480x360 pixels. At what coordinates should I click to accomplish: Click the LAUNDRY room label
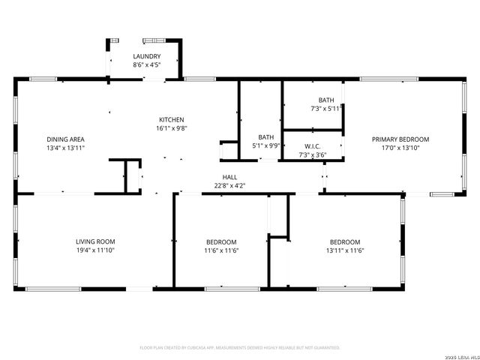point(146,57)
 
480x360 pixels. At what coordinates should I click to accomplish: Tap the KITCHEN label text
point(171,120)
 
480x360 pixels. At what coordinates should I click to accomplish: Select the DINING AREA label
point(65,139)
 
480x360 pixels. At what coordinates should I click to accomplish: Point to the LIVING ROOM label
point(95,241)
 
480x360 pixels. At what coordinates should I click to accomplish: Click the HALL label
point(229,177)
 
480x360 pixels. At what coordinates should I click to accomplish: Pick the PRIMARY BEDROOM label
point(400,139)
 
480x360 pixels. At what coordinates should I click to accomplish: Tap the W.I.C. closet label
point(313,145)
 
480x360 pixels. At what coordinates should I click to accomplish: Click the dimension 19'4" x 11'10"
point(95,250)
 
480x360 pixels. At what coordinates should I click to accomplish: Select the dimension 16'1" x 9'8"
point(171,128)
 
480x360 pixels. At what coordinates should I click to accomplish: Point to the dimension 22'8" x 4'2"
point(229,185)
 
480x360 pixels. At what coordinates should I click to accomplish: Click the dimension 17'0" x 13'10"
point(400,148)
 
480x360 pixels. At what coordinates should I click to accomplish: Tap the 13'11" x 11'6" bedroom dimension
point(345,250)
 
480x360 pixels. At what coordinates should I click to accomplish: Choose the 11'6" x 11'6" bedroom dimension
point(221,250)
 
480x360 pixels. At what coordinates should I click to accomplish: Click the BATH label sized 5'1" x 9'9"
point(266,137)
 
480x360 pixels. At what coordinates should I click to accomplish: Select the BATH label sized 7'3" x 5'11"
point(326,100)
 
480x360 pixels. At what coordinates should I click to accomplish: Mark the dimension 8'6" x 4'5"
point(146,65)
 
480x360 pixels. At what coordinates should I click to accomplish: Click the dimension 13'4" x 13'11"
point(65,148)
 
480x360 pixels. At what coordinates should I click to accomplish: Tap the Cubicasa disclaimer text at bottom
point(240,348)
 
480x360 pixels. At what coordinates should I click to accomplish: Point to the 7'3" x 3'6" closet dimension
point(313,154)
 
